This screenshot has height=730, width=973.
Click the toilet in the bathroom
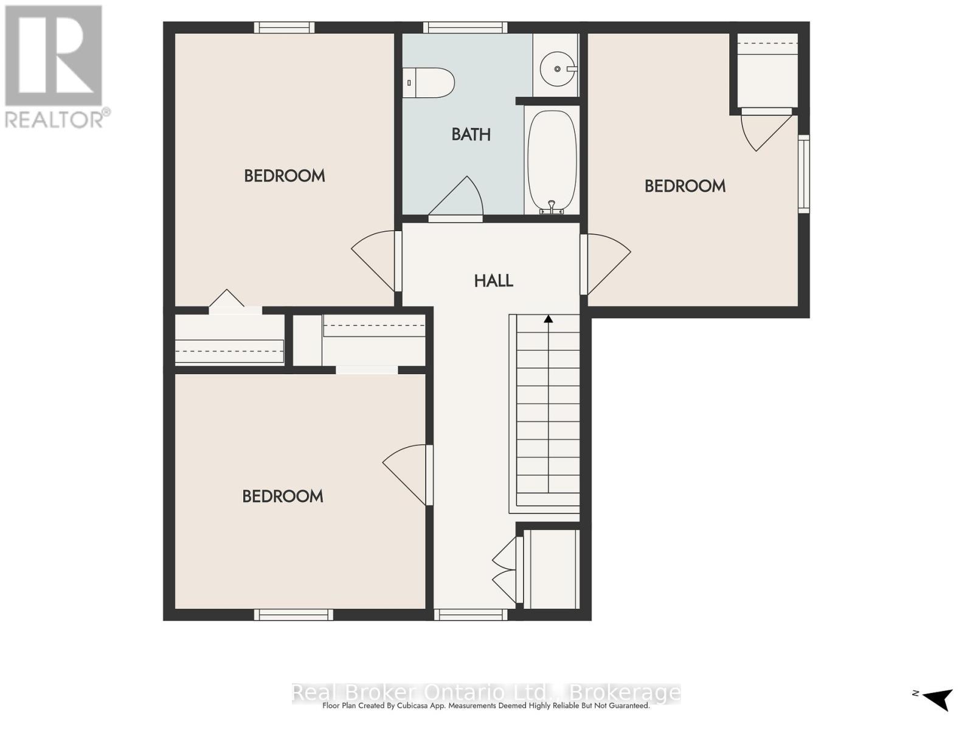[x=428, y=83]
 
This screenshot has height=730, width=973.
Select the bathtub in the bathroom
[x=552, y=162]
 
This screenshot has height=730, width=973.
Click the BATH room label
[x=471, y=134]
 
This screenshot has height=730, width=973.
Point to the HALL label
[x=493, y=280]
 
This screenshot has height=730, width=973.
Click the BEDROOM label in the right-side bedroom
[x=685, y=186]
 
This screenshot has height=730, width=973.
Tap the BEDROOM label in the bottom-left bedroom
[x=283, y=496]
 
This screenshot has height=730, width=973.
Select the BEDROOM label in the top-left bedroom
[x=285, y=176]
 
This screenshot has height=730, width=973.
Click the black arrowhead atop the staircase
[x=549, y=319]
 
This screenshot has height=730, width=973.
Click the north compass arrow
[x=939, y=711]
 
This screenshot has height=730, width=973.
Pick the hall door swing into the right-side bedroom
[x=606, y=264]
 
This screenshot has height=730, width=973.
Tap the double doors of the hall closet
[x=508, y=569]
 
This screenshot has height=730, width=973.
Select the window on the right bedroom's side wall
[x=804, y=174]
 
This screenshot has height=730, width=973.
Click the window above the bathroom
[x=465, y=27]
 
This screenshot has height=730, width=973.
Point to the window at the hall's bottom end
[x=471, y=614]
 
